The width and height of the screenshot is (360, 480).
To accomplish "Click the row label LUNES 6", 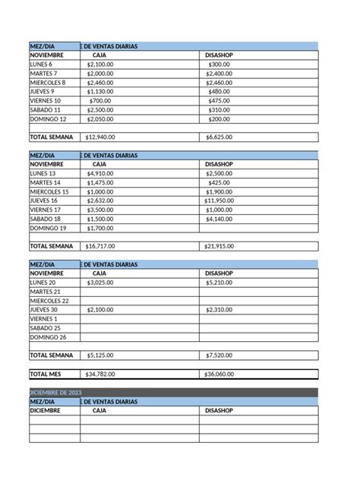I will pos(43,65).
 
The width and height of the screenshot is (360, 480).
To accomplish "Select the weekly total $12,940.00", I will pos(100,137).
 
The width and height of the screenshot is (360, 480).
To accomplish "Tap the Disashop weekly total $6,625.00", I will pos(219,137).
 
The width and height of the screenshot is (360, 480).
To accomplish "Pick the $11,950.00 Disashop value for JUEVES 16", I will pos(219,201).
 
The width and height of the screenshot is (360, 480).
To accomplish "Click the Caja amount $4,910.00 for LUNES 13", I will pos(99,173).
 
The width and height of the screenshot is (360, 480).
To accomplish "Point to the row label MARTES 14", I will pos(45,182).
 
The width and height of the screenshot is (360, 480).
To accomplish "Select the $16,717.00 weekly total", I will pos(100,246).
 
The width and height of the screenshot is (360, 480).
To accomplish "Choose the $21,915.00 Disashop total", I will pos(220,246).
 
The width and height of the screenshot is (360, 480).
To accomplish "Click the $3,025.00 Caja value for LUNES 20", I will pos(99,283).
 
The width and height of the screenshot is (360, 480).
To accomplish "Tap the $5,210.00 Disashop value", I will pos(219,283).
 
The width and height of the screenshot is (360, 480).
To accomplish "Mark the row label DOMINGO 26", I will pos(48,337).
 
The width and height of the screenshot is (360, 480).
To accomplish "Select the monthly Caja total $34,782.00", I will pos(100,374).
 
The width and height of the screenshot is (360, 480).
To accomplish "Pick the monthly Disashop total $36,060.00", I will pos(220,374).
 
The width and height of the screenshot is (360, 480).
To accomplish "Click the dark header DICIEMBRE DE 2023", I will pos(55,392).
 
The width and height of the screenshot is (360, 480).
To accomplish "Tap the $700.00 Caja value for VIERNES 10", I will pos(99,100).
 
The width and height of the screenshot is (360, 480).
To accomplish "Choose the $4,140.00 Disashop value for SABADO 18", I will pos(219,219).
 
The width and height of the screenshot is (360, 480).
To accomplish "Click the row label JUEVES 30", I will pos(44,310).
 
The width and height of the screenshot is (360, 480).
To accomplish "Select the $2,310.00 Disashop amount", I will pos(219,310).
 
